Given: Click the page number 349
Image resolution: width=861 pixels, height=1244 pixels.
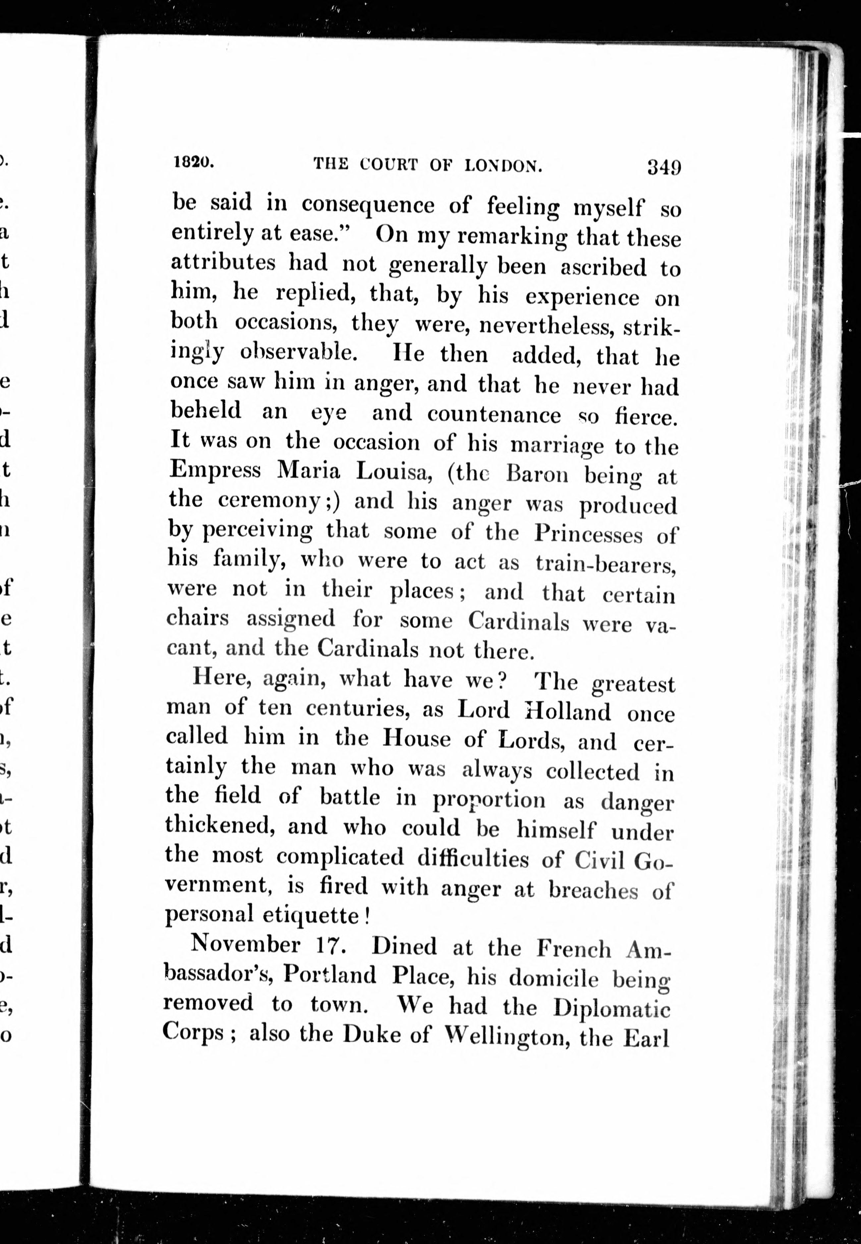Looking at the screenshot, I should (x=664, y=167).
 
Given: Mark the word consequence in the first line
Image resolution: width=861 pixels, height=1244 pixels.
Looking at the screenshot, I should (x=368, y=206).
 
